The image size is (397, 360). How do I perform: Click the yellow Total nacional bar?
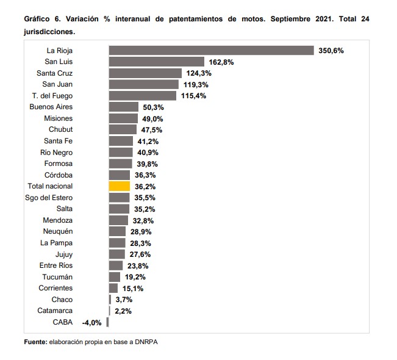[120, 186]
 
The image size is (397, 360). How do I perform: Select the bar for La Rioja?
[212, 51]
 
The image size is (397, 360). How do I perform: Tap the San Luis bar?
[157, 62]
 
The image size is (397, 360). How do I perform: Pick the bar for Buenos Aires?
[124, 107]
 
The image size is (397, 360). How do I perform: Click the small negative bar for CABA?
[107, 322]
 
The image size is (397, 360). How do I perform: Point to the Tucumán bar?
[115, 277]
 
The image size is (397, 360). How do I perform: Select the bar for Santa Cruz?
[145, 73]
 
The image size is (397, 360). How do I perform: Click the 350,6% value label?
[331, 51]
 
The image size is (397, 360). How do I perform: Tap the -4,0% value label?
[91, 323]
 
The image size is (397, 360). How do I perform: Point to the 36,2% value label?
[145, 187]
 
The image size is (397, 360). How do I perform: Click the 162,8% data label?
[221, 62]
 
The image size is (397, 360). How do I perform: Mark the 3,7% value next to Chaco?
[124, 300]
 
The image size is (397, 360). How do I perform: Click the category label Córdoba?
[59, 175]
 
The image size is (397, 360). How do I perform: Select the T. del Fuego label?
[52, 96]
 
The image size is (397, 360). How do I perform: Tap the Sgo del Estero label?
[49, 198]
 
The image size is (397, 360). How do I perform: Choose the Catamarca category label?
[55, 311]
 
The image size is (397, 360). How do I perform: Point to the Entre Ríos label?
[56, 265]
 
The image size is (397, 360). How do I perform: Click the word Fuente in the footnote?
[36, 342]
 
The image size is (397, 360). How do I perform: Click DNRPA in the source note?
[146, 342]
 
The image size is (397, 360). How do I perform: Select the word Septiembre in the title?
[290, 19]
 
